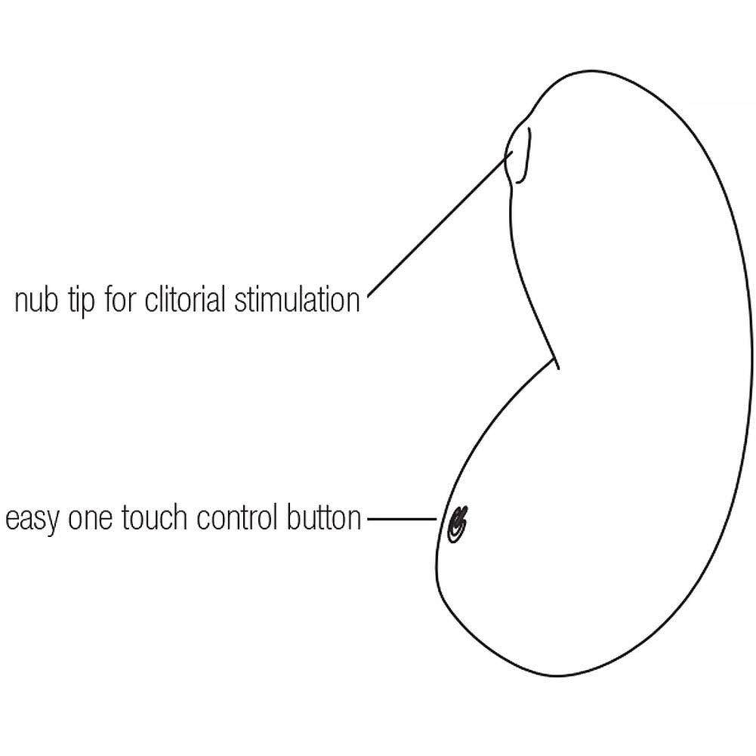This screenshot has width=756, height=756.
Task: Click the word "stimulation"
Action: (x=298, y=300)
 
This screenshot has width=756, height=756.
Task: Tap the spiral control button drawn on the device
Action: (x=456, y=523)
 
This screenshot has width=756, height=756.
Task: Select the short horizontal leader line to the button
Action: (x=401, y=520)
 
